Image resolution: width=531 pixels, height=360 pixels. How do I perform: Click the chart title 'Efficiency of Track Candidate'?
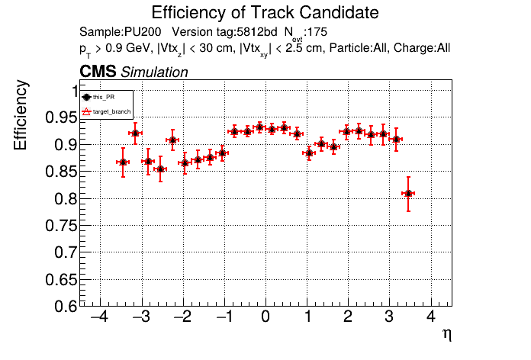265,13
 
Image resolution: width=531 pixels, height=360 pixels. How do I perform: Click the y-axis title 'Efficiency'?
22,116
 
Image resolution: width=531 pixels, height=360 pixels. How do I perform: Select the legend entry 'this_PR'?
114,98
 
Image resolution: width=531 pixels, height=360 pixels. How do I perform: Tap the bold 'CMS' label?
98,72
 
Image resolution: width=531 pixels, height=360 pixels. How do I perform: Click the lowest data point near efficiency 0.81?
409,194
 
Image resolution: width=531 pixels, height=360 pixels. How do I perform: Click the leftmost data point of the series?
123,162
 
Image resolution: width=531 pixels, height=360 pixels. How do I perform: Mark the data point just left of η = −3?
135,133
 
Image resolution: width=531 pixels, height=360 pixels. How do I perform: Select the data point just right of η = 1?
309,153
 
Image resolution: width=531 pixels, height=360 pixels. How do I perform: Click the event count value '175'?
319,32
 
